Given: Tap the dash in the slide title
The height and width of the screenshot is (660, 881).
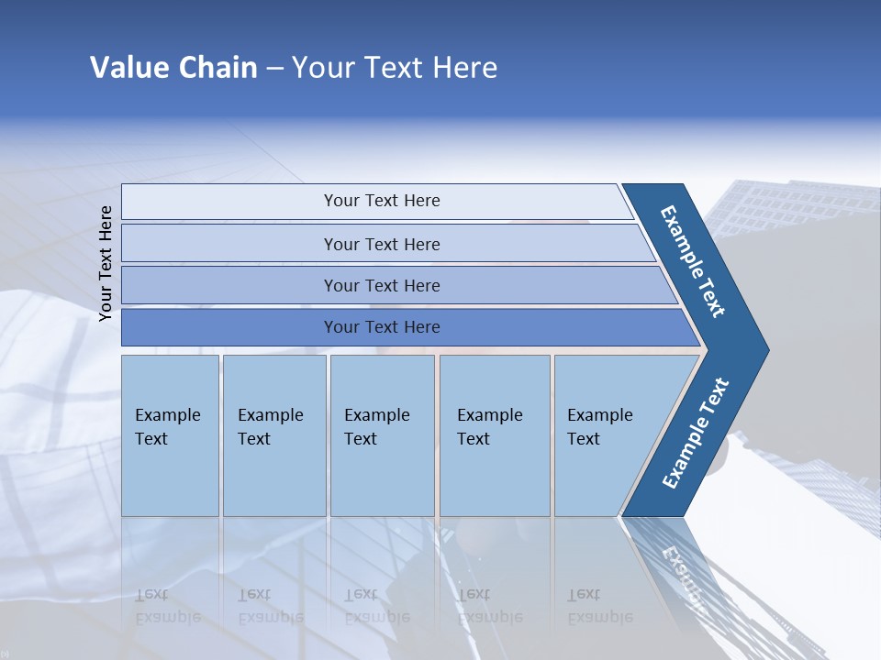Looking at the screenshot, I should click(x=274, y=68).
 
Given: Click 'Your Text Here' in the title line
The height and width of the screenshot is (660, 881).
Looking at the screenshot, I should click(x=395, y=67).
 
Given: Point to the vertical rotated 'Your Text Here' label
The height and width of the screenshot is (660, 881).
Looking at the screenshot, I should click(x=106, y=263).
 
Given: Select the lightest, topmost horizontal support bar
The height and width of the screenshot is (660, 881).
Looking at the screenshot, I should click(x=381, y=201).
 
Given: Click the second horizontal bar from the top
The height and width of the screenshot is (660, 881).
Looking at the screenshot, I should click(x=381, y=244).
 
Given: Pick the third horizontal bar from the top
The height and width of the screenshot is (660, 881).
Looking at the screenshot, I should click(x=381, y=285).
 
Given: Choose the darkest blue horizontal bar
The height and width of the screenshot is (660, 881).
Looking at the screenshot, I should click(x=381, y=327).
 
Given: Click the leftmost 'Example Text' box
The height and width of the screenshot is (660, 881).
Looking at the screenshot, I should click(x=170, y=434).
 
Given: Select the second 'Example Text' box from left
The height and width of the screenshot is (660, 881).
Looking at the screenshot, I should click(x=273, y=434).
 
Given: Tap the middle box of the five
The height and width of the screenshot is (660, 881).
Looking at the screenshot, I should click(x=382, y=434).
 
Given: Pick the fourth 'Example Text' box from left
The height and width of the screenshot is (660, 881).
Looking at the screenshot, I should click(x=494, y=434).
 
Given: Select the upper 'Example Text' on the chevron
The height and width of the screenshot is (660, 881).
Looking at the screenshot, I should click(x=693, y=260).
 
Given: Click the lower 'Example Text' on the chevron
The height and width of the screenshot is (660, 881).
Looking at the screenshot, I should click(x=696, y=433).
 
